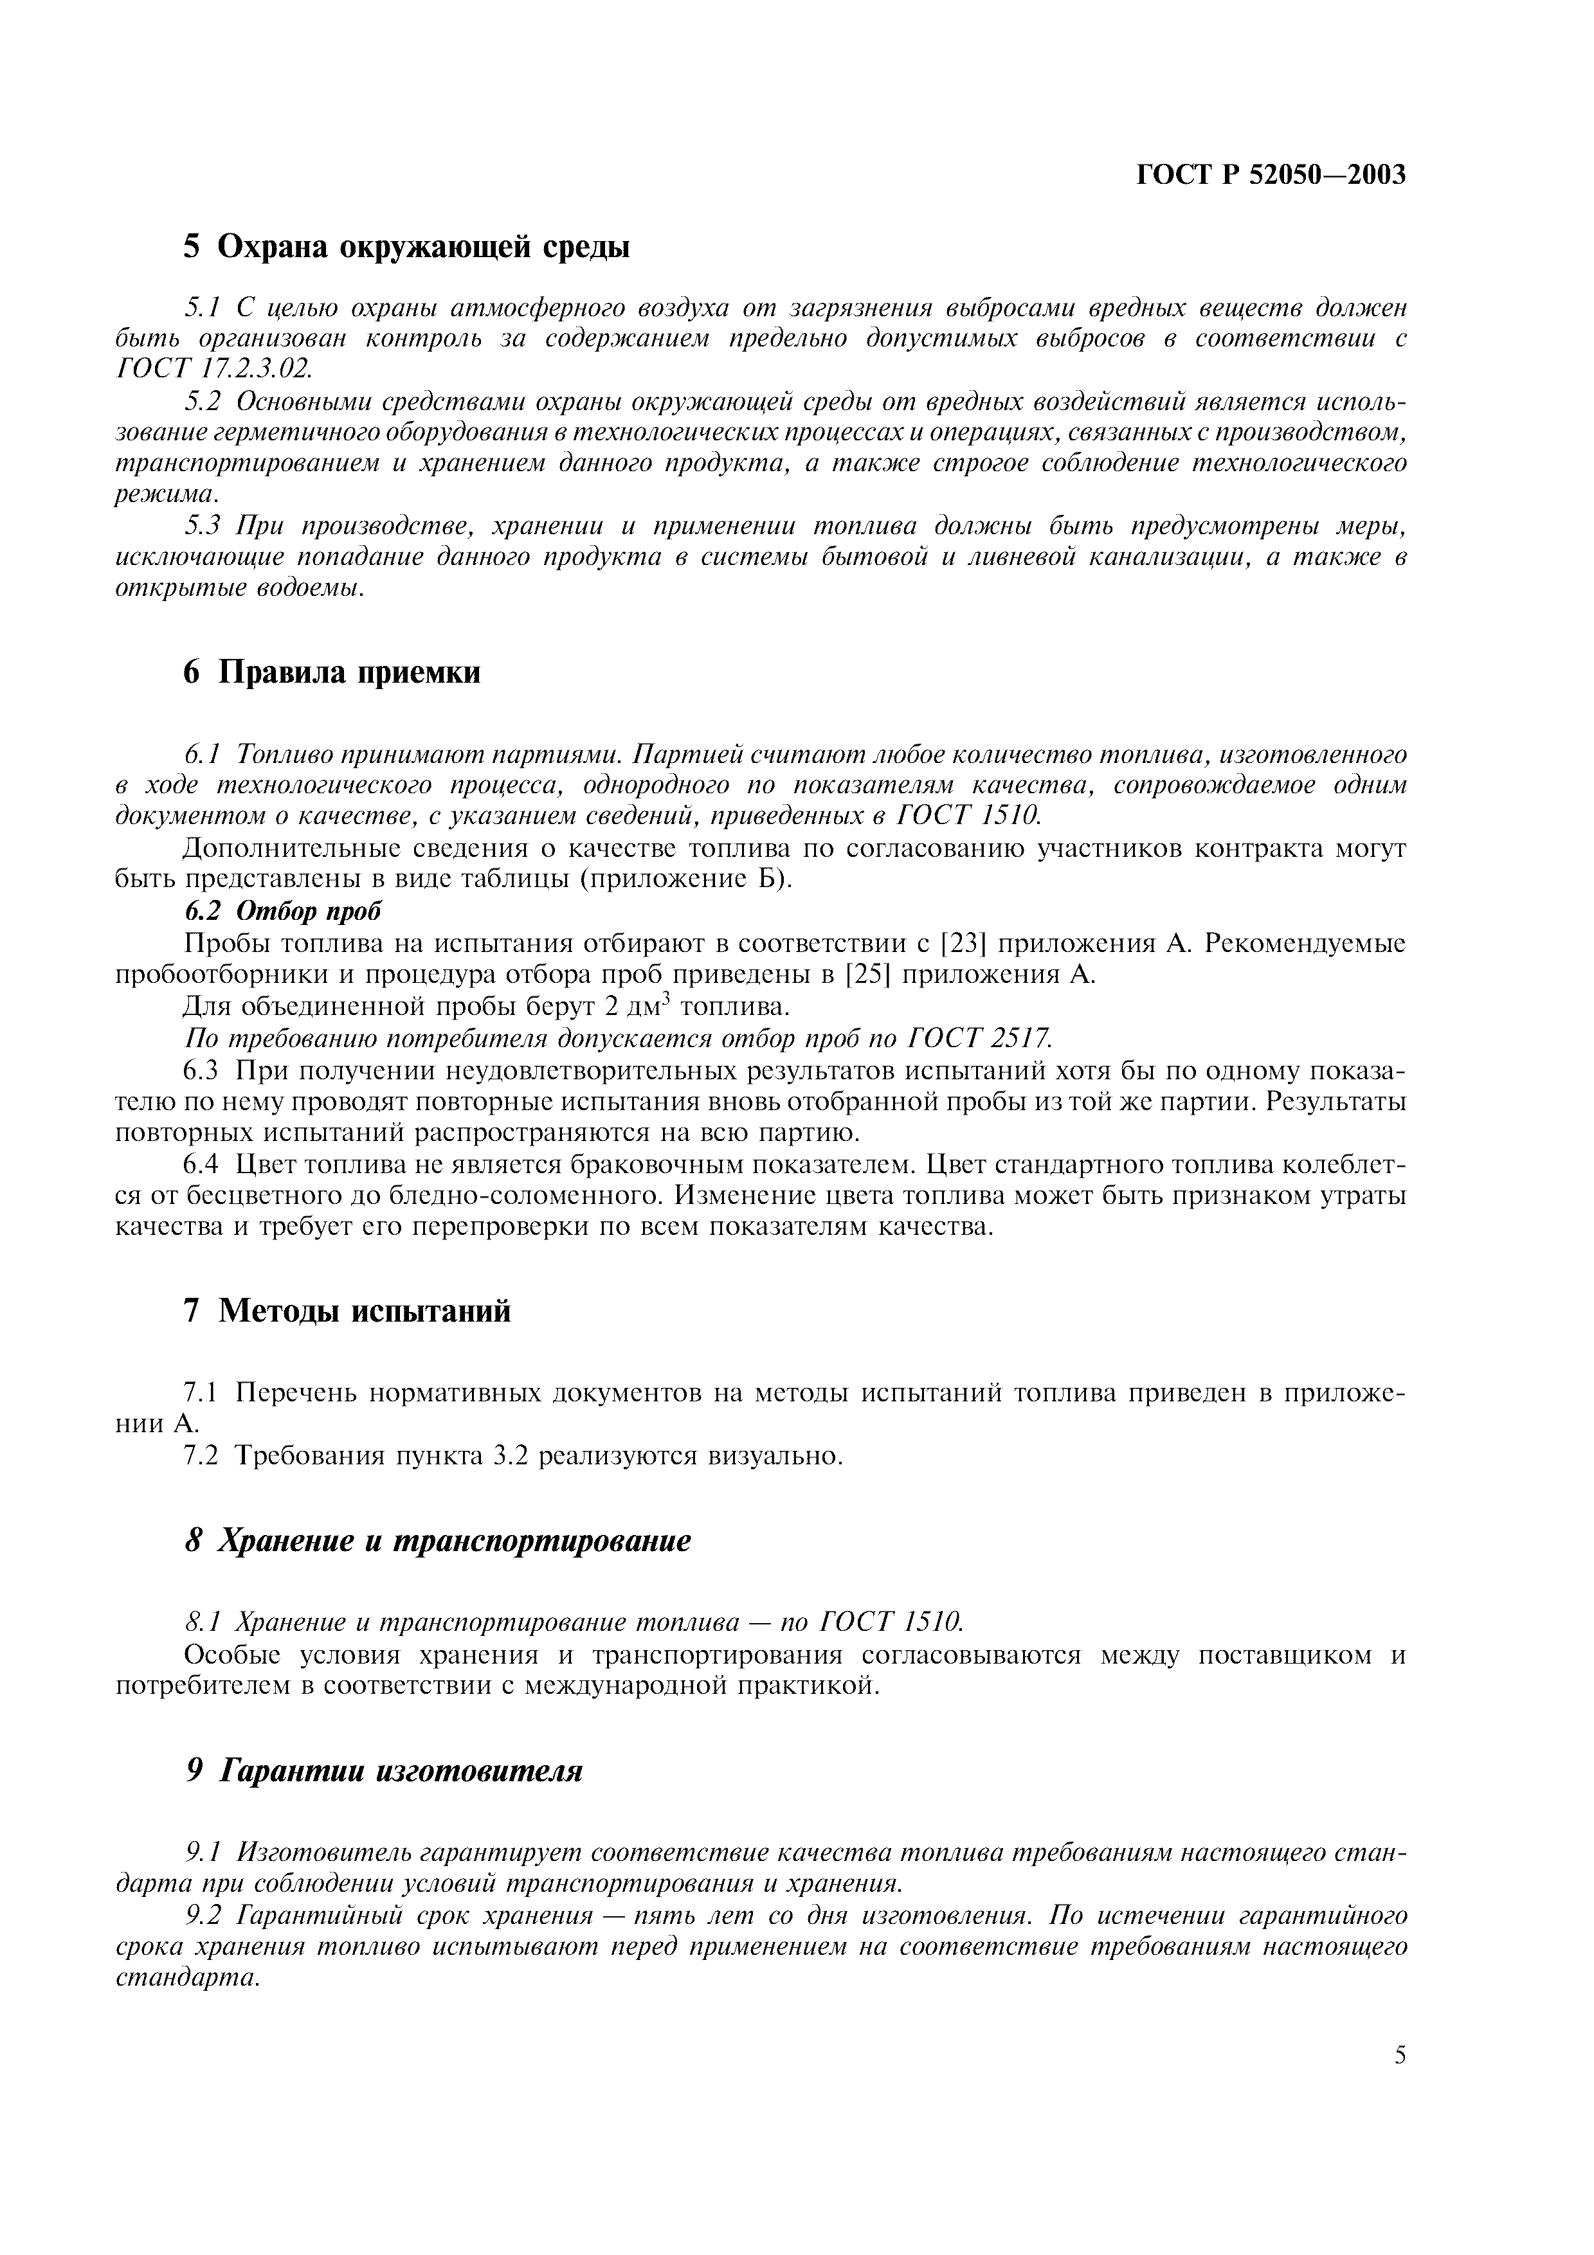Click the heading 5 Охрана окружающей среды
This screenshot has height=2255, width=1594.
click(x=406, y=246)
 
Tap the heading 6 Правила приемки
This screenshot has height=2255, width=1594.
click(x=333, y=673)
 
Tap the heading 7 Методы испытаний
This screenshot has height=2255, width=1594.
click(x=348, y=1311)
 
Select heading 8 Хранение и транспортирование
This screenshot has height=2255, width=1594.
click(x=438, y=1541)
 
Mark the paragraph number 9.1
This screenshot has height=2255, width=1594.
click(x=204, y=1853)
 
